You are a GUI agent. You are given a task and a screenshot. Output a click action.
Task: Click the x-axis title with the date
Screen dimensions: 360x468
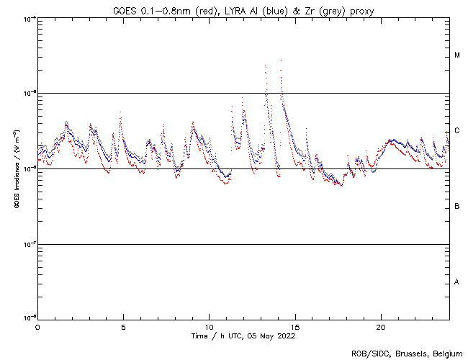(243, 336)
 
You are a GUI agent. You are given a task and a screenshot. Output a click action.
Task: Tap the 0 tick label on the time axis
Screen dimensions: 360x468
(37, 326)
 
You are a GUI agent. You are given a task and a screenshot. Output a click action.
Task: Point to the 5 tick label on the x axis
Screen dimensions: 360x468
(123, 326)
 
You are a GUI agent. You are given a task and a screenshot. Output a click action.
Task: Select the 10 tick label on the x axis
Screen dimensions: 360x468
(209, 326)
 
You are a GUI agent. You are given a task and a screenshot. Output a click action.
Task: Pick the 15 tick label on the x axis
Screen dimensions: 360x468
(294, 326)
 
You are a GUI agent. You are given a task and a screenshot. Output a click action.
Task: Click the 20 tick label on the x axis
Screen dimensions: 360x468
(380, 326)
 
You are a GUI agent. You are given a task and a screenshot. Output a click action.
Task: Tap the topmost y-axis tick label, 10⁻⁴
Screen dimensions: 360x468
(27, 19)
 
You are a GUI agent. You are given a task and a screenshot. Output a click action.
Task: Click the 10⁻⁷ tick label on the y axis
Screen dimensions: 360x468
(27, 244)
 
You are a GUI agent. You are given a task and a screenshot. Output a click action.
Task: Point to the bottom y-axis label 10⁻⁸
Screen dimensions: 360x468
(27, 318)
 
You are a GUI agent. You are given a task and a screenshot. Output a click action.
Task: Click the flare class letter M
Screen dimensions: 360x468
(457, 55)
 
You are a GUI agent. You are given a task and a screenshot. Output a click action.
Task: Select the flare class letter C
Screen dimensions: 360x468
(457, 131)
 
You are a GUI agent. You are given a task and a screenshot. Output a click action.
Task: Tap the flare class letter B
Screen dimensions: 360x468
(457, 207)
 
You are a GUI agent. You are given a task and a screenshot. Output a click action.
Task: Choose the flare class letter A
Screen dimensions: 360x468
(457, 282)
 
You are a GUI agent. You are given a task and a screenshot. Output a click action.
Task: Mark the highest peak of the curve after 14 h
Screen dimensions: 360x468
(281, 60)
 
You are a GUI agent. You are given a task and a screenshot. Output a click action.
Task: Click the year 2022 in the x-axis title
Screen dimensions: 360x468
(285, 336)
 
